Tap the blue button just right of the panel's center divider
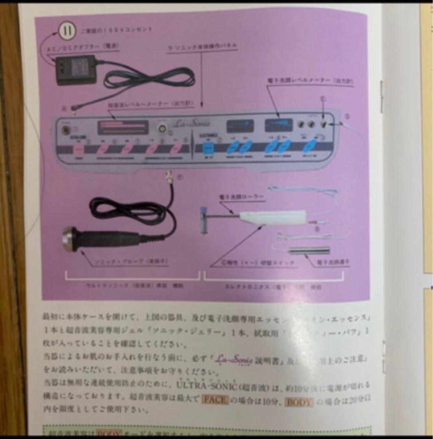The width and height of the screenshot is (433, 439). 209,148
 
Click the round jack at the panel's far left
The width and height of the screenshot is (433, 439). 64,131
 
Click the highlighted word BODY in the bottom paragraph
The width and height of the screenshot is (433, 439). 298,402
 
